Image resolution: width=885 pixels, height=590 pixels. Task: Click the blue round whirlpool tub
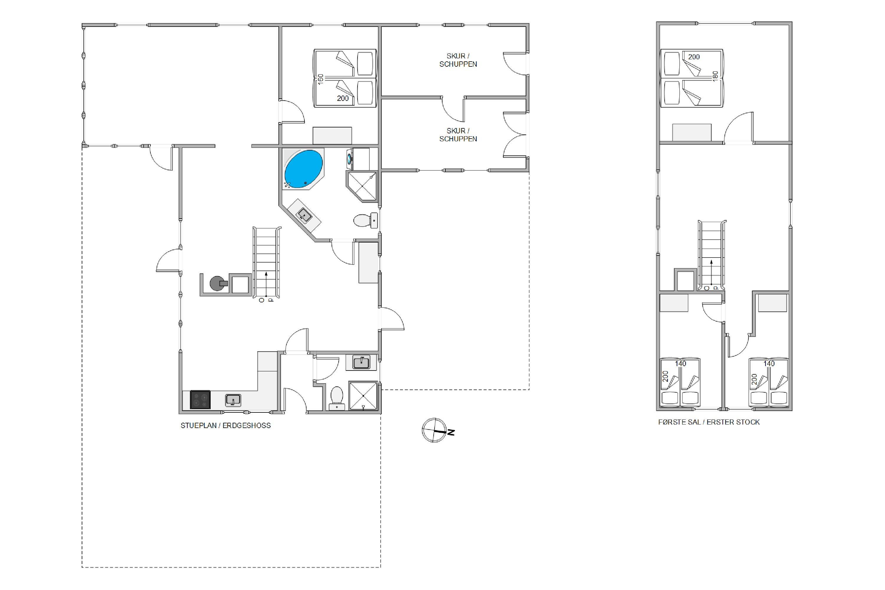[303, 169]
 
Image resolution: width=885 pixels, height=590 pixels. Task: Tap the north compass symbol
[437, 430]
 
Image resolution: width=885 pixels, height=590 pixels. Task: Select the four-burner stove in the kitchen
[200, 400]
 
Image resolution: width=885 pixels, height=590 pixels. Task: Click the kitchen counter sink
[233, 400]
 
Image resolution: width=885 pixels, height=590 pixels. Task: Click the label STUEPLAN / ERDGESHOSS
[226, 426]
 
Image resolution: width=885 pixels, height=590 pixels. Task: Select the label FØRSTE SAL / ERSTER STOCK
[709, 422]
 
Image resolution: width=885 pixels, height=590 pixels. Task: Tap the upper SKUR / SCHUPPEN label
[458, 60]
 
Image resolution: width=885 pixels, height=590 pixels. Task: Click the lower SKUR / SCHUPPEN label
[458, 135]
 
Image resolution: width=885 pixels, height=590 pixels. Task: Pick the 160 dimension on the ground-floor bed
[321, 79]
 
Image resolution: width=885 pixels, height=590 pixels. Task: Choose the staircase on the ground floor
[267, 262]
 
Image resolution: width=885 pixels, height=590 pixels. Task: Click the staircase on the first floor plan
[712, 255]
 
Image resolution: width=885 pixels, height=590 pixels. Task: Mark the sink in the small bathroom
[361, 362]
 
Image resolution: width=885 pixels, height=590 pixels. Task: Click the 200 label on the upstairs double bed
[694, 57]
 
